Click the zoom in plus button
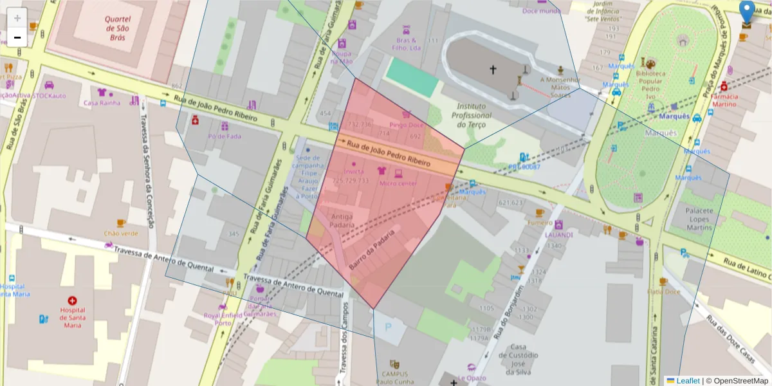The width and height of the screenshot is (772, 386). pyautogui.click(x=17, y=18)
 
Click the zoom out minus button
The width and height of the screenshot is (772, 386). pyautogui.click(x=17, y=37)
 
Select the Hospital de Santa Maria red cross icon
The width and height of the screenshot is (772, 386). pyautogui.click(x=72, y=300)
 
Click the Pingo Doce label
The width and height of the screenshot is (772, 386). pyautogui.click(x=407, y=125)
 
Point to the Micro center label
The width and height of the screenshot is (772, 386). pyautogui.click(x=398, y=183)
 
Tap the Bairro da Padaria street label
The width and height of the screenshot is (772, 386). pyautogui.click(x=371, y=250)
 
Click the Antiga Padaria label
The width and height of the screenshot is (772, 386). pyautogui.click(x=342, y=221)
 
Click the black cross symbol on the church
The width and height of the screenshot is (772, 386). pyautogui.click(x=493, y=69)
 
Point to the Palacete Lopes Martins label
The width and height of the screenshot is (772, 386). pyautogui.click(x=699, y=219)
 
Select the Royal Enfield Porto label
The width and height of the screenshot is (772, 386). pyautogui.click(x=223, y=319)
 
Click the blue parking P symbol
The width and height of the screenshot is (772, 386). pyautogui.click(x=388, y=327)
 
